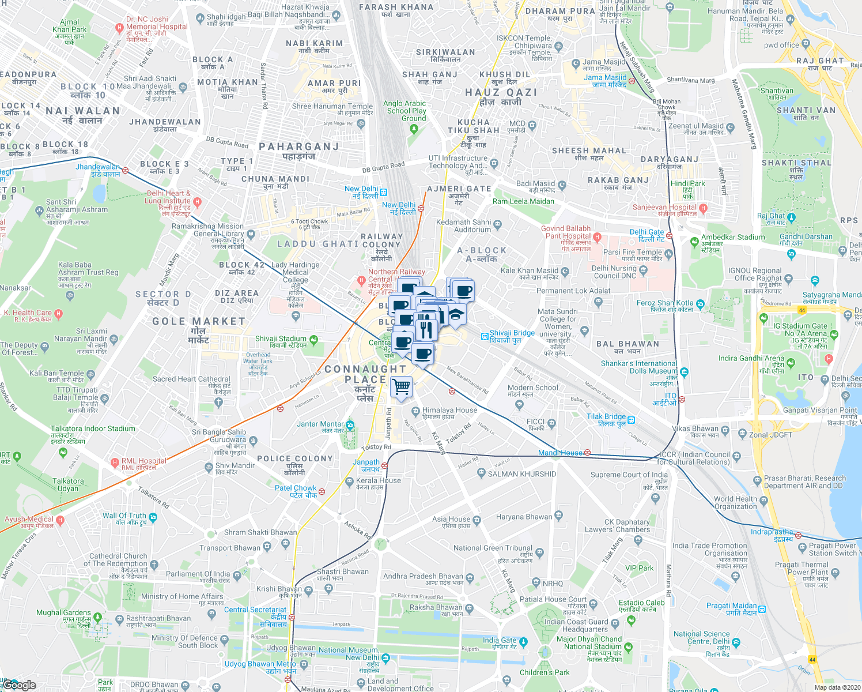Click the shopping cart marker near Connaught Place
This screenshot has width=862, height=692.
[402, 387]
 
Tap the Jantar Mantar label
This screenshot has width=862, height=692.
[320, 424]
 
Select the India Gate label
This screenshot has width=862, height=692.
[500, 640]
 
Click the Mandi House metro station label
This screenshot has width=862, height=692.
[561, 453]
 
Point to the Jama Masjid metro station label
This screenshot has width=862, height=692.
[604, 77]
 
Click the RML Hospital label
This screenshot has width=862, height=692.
[143, 461]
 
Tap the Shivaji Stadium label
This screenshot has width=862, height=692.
[281, 339]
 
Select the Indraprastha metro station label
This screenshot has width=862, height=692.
[772, 532]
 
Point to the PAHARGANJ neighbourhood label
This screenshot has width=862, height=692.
[299, 146]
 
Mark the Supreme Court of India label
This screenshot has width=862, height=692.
[629, 475]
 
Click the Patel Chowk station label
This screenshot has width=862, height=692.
[296, 488]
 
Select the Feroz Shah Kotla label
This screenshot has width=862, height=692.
[665, 303]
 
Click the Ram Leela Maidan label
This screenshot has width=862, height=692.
[523, 201]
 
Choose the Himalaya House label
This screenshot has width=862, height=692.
[449, 410]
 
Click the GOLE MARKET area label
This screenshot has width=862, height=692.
[199, 321]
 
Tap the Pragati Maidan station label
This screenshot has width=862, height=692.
[731, 605]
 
